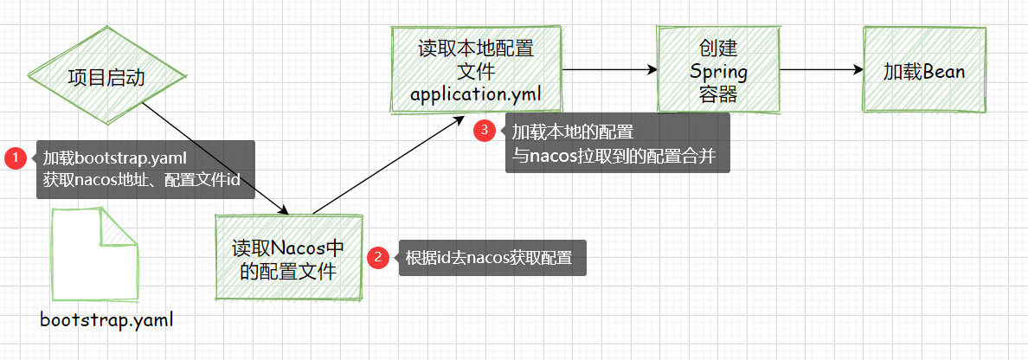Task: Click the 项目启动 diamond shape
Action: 106,78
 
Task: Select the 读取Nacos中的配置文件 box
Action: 288,259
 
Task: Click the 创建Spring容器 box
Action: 717,70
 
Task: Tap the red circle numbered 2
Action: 378,257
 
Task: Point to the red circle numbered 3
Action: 485,132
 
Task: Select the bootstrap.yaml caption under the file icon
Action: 107,320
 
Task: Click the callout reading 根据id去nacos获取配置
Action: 492,258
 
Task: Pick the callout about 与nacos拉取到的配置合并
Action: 618,144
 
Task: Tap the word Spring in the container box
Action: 717,71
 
